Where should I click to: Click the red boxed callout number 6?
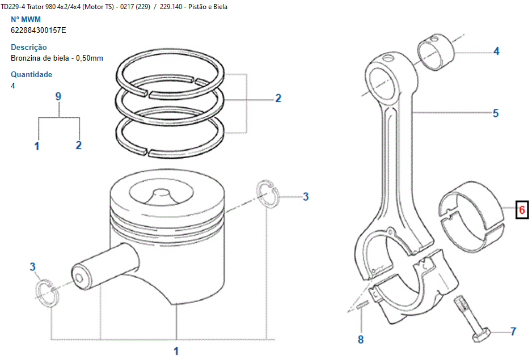coord(522,211)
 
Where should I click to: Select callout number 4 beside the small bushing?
coord(496,52)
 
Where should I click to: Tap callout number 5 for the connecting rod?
coord(495,113)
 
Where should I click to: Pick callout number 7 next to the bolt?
coord(513,331)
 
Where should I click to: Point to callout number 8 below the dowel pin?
coord(361,340)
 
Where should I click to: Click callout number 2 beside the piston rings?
coord(278,98)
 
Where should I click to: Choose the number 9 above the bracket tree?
coord(58,96)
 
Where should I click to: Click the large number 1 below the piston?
coord(176,350)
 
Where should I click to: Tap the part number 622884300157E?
coord(39,30)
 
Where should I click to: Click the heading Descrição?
coord(29,47)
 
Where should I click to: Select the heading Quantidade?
coord(32,74)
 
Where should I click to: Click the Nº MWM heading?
coord(26,19)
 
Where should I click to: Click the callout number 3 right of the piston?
coord(305,197)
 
